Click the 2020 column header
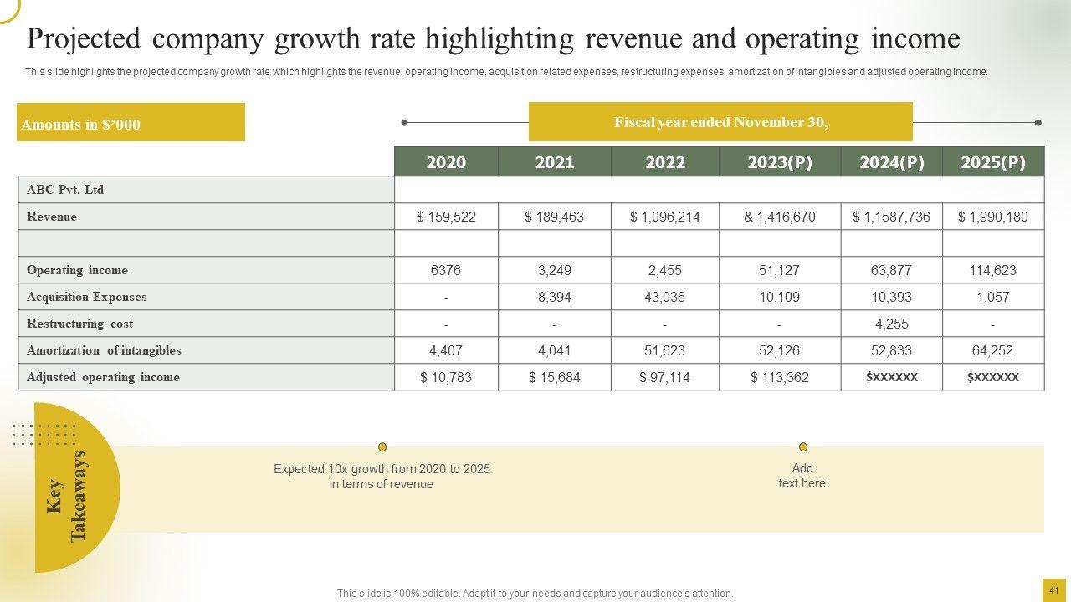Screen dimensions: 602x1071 (x=446, y=162)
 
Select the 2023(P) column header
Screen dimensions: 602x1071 (x=780, y=162)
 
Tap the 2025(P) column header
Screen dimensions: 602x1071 (x=993, y=162)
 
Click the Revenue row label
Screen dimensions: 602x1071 (x=52, y=217)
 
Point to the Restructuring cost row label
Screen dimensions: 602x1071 (x=79, y=324)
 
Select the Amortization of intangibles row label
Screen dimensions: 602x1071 (x=104, y=350)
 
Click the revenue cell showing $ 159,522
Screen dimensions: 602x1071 (x=446, y=217)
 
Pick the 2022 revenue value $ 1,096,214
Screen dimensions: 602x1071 (x=665, y=217)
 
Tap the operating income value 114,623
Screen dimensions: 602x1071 (x=993, y=270)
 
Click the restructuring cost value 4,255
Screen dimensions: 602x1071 (x=891, y=324)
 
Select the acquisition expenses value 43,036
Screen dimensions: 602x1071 (x=665, y=297)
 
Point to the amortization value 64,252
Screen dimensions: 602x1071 (x=993, y=350)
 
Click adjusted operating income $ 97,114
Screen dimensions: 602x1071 (x=665, y=377)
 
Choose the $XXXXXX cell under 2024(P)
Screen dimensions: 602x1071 (x=891, y=377)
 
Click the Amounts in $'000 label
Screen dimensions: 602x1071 (x=81, y=125)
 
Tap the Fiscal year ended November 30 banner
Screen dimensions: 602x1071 (x=720, y=122)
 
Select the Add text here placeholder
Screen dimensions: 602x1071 (x=802, y=476)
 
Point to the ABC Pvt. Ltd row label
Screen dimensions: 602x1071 (x=65, y=190)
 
